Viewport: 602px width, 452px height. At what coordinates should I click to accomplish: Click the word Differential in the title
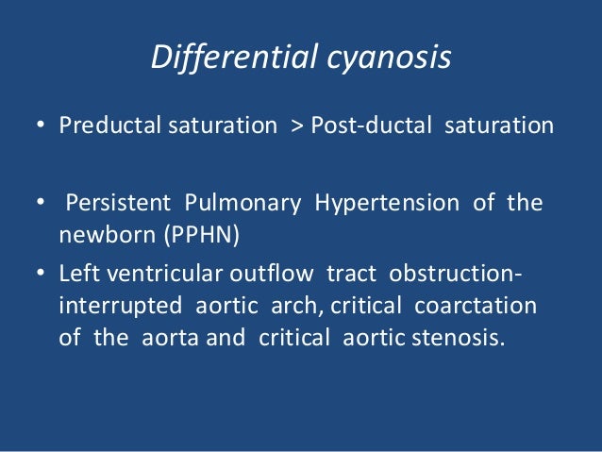227,59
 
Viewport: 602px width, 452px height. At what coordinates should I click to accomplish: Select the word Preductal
100,126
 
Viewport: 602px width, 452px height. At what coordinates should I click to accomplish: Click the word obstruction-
454,274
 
